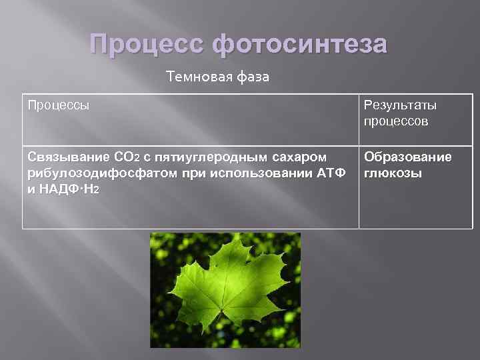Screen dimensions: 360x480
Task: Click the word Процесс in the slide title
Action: tap(146, 45)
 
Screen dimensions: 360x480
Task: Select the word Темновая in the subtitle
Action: tap(198, 77)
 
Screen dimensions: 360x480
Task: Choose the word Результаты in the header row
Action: tap(400, 105)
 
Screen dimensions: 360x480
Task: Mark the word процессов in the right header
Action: tap(396, 121)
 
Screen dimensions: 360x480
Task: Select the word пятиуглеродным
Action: tap(213, 157)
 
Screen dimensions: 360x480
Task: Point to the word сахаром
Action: tap(303, 157)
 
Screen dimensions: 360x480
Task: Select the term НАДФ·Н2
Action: tap(70, 189)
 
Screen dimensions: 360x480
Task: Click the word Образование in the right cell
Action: tap(407, 157)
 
